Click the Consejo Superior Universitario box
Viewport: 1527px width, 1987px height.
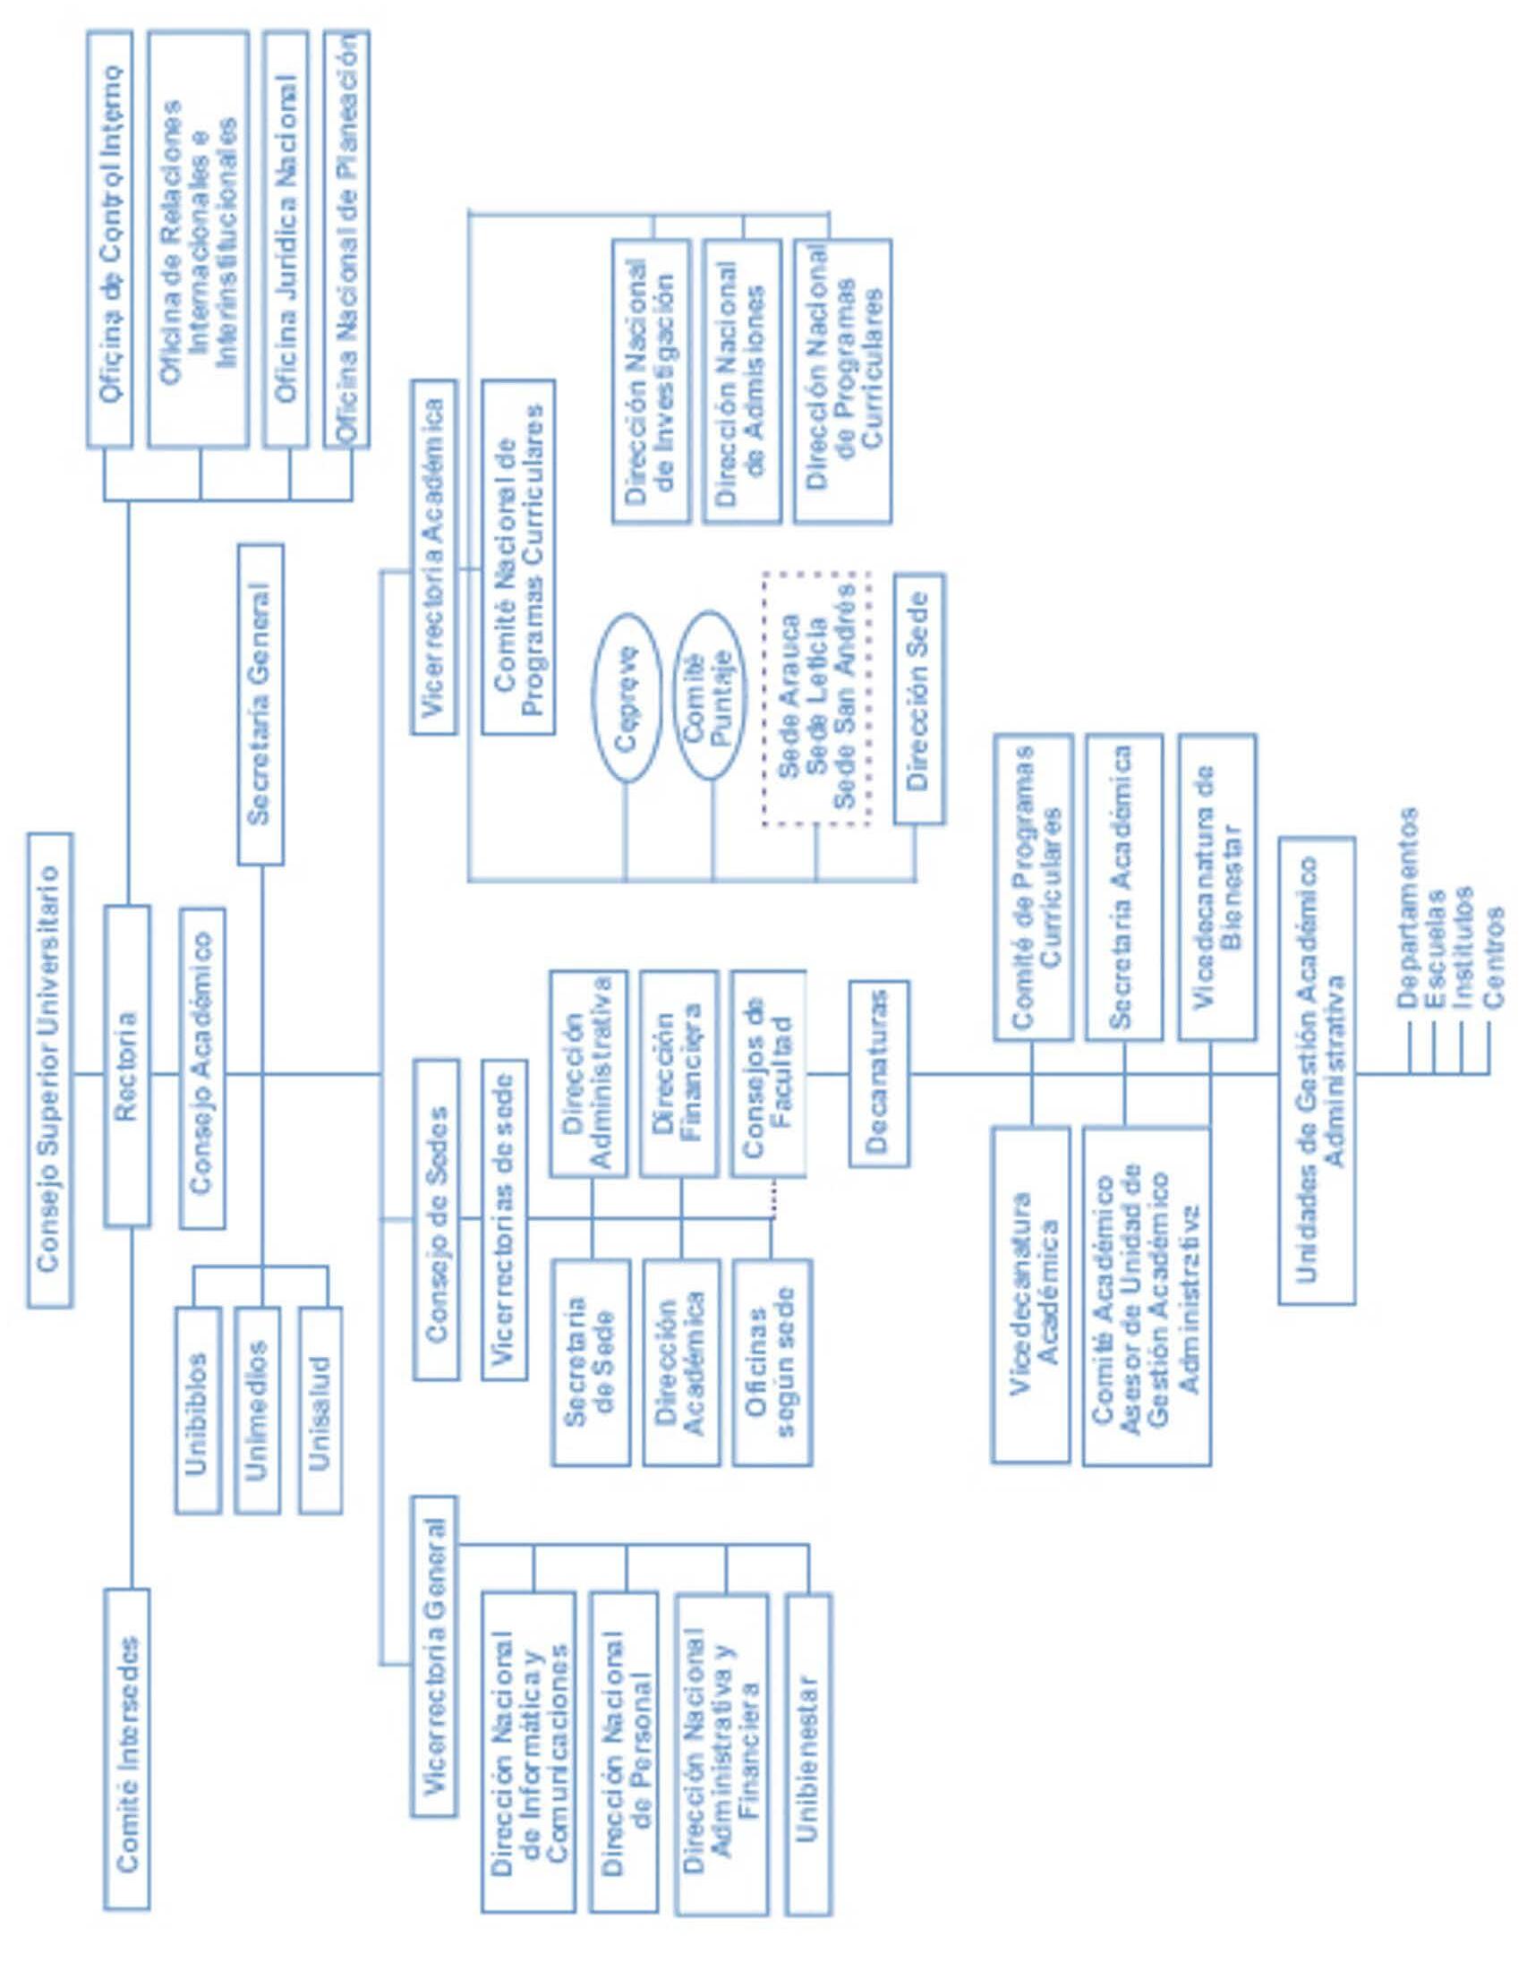[x=49, y=1070]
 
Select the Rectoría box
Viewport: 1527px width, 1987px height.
[x=127, y=1066]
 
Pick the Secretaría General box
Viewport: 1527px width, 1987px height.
[x=260, y=704]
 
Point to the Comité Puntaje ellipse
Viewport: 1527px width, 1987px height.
[x=712, y=695]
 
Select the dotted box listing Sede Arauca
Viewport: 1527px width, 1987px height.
[x=816, y=698]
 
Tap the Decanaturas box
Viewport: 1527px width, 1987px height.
[x=879, y=1073]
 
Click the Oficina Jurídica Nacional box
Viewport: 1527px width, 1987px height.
[x=286, y=239]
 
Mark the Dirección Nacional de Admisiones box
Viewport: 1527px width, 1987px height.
[x=742, y=382]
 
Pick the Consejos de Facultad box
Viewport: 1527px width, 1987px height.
[x=769, y=1073]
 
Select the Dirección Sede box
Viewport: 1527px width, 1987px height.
[x=919, y=698]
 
